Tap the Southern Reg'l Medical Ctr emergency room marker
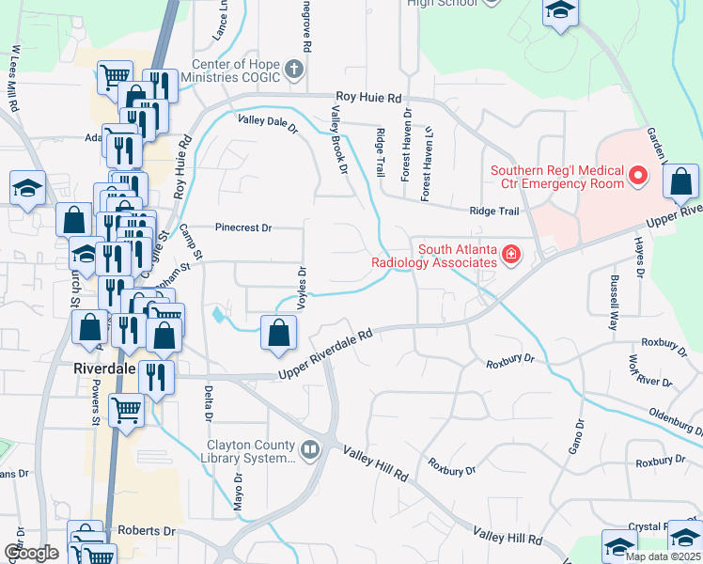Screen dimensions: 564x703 tap(639, 176)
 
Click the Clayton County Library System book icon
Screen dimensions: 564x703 tap(310, 450)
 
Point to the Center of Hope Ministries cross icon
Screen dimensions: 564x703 tap(294, 70)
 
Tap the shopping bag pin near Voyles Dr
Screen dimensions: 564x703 tap(279, 333)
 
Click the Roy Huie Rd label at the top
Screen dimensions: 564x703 tap(369, 97)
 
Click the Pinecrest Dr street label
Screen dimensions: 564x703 tap(242, 227)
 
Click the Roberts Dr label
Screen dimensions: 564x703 tap(148, 531)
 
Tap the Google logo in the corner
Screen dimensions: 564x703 tap(31, 553)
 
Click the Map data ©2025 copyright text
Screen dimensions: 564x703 tap(662, 556)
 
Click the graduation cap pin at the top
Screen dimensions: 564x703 tap(560, 11)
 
